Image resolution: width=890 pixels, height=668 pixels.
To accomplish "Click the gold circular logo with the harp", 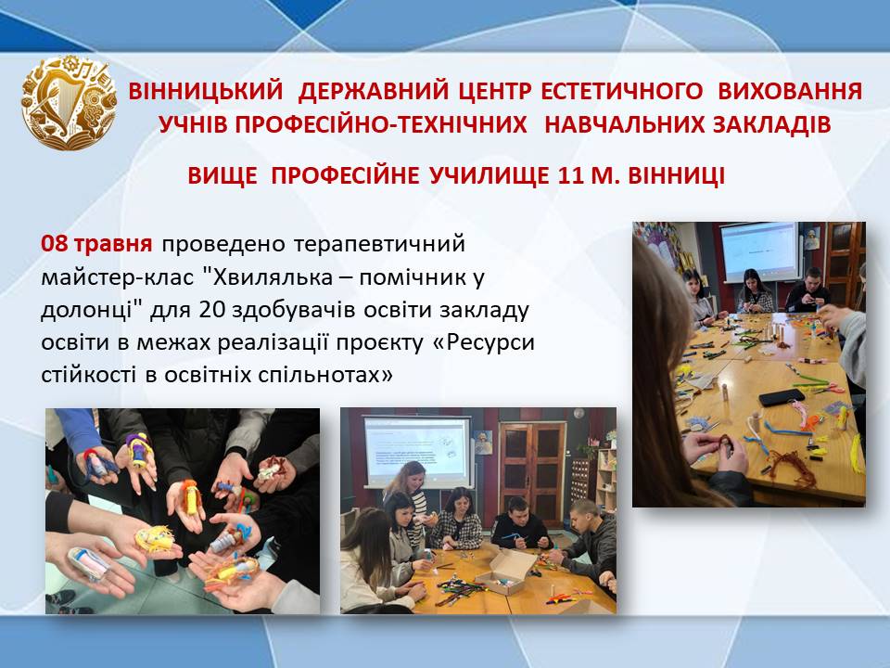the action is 69,103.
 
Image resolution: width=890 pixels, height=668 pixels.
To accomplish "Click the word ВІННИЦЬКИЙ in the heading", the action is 206,92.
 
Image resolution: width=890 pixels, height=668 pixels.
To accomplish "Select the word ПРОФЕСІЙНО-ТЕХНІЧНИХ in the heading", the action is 342,124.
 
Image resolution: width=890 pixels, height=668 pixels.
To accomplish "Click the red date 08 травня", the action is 96,244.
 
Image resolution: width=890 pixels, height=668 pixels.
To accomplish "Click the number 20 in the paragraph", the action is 211,310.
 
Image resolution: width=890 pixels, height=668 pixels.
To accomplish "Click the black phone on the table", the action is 782,397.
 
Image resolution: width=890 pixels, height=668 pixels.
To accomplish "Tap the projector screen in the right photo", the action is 758,250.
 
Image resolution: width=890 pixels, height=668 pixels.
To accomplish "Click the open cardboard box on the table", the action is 506,570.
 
